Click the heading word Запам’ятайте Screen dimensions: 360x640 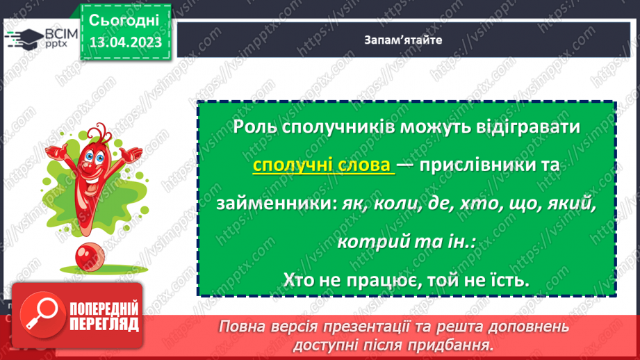point(402,40)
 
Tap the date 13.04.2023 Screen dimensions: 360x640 point(125,43)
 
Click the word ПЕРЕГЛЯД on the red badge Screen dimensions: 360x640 point(105,324)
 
